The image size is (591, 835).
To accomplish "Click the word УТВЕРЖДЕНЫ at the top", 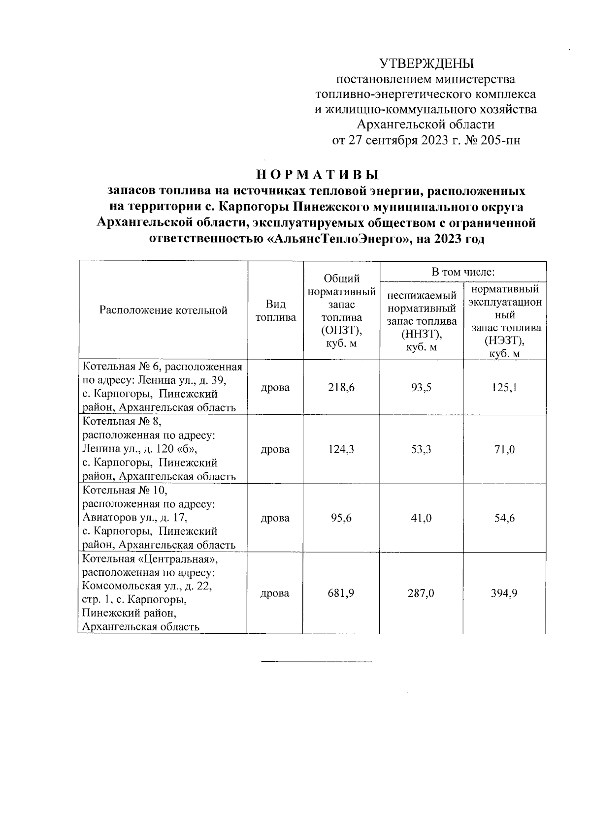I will pos(426,63).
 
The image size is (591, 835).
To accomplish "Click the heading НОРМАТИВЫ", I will pos(318,175).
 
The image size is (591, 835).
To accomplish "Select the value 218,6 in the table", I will pos(341,388).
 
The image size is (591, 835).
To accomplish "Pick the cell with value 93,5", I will pos(421,388).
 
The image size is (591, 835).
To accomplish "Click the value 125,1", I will pos(505,388).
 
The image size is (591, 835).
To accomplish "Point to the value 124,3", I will pos(341,449).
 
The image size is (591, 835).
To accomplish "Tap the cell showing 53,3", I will pos(421,449).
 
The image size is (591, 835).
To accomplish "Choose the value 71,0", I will pos(505,449).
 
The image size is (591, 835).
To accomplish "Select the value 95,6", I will pos(341,518).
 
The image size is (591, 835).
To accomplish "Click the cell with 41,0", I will pos(421,518).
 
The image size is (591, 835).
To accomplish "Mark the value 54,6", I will pos(505,518).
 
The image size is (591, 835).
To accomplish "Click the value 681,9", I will pos(341,593).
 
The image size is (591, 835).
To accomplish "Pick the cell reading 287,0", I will pos(421,593).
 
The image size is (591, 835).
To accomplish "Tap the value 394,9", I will pos(505,593).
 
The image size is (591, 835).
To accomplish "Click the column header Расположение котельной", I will pos(163,310).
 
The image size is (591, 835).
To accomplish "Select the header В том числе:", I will pos(463,272).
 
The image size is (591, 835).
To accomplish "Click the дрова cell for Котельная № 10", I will pos(275,518).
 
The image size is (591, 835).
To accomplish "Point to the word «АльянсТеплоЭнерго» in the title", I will pos(334,240).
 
